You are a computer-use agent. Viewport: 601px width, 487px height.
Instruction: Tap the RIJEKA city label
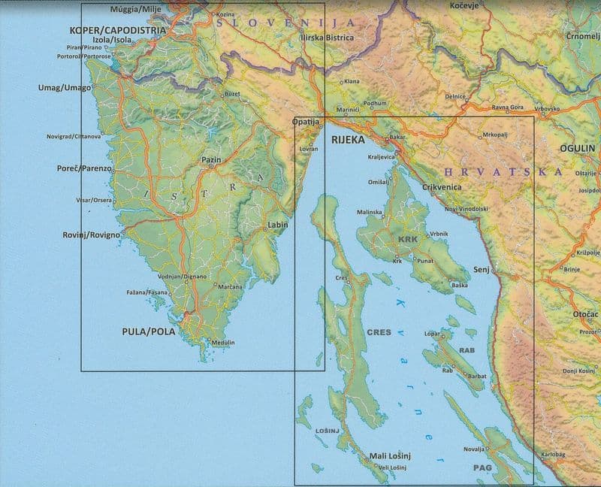347,140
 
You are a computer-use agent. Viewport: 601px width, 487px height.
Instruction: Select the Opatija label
306,122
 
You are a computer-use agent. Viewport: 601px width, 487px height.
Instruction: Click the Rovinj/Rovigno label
91,235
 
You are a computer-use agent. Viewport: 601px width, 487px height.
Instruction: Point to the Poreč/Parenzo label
85,168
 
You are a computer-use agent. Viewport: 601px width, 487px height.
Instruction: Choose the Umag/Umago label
65,88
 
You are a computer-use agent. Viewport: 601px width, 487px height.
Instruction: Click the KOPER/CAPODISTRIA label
117,30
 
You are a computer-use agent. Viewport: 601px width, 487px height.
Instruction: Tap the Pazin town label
211,160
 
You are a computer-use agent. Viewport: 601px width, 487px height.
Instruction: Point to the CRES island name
379,331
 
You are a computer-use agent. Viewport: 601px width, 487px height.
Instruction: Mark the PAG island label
482,467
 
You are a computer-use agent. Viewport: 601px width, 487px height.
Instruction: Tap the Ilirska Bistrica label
327,36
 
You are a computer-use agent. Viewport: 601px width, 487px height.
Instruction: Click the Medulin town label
223,343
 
